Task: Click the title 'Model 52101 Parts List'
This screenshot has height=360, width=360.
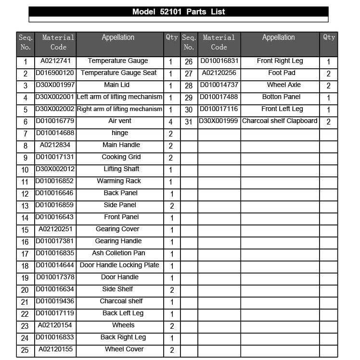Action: pyautogui.click(x=179, y=12)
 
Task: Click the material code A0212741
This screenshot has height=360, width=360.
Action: pyautogui.click(x=55, y=61)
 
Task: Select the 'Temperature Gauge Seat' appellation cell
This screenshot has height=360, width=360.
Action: pyautogui.click(x=118, y=73)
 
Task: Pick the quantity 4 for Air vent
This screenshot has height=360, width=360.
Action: pyautogui.click(x=171, y=122)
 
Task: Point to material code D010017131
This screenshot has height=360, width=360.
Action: pyautogui.click(x=55, y=157)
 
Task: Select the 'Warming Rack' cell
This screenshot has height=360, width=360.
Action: pyautogui.click(x=118, y=181)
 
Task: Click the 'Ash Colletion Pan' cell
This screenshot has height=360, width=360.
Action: pyautogui.click(x=118, y=253)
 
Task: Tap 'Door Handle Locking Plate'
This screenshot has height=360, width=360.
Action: pyautogui.click(x=119, y=265)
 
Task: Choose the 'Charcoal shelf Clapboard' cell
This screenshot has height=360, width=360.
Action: pyautogui.click(x=280, y=121)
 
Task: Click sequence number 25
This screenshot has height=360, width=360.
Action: pyautogui.click(x=25, y=350)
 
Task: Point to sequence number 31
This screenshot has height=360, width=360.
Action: pyautogui.click(x=189, y=122)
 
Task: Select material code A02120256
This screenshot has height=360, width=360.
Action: pyautogui.click(x=219, y=73)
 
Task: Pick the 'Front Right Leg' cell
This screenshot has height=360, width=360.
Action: pyautogui.click(x=280, y=61)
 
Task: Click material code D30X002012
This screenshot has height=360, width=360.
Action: pyautogui.click(x=55, y=169)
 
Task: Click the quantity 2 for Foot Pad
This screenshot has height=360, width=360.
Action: pyautogui.click(x=328, y=74)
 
